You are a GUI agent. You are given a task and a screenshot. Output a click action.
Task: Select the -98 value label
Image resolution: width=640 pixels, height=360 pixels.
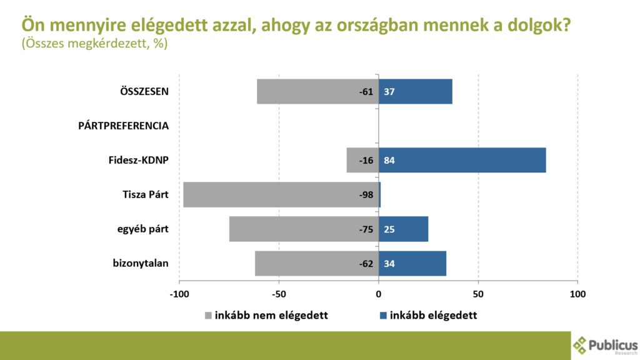(x=366, y=195)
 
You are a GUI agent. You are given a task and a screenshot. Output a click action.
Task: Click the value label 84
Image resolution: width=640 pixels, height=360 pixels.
(x=389, y=161)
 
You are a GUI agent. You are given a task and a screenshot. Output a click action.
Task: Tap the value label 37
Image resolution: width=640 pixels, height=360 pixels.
(x=389, y=92)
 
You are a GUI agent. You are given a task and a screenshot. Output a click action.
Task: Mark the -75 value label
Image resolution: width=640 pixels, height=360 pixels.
(x=366, y=229)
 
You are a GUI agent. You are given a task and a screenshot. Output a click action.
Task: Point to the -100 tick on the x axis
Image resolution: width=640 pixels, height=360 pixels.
(x=179, y=293)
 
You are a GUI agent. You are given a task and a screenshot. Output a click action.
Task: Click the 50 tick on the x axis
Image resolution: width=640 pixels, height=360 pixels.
(x=478, y=293)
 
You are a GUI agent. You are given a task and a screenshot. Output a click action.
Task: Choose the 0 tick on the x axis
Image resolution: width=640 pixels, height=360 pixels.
(x=379, y=293)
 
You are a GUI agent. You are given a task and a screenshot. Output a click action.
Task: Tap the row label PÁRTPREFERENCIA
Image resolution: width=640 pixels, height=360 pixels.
(x=124, y=126)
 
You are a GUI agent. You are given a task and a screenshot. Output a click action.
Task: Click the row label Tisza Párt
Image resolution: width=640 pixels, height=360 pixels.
(x=146, y=195)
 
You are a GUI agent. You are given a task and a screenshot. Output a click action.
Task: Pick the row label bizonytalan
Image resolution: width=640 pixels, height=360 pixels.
(x=141, y=263)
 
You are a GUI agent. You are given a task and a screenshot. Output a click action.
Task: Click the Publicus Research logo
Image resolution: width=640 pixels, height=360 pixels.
(x=605, y=346)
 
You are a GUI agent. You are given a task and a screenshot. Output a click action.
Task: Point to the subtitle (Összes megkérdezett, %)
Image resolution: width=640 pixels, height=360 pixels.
(x=94, y=44)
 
